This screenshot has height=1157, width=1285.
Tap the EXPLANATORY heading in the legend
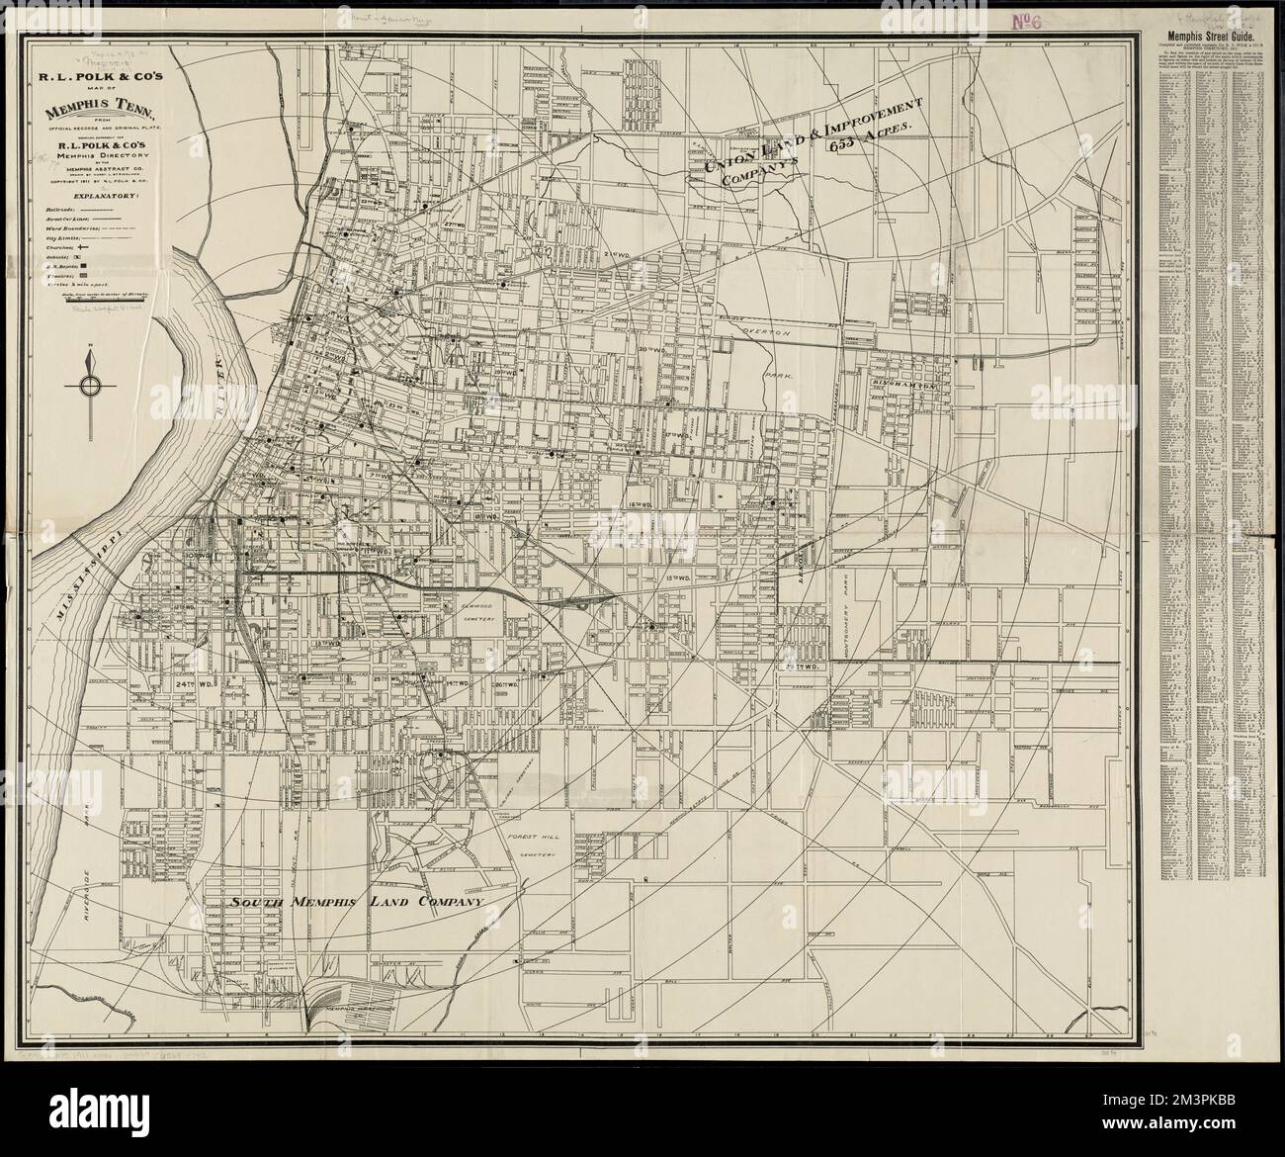click(x=92, y=196)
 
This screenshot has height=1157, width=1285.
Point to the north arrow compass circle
click(x=91, y=387)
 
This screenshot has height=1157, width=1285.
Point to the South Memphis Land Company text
click(x=354, y=903)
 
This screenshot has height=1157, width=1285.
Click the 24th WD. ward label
click(x=197, y=681)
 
